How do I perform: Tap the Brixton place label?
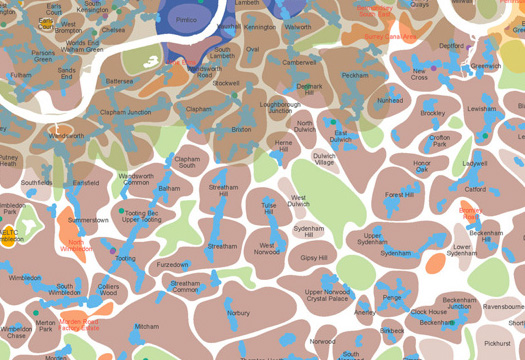(242, 130)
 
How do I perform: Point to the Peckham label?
(355, 76)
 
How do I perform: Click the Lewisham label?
(481, 108)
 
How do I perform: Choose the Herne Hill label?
(284, 146)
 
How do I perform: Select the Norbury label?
(238, 313)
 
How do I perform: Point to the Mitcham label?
(147, 326)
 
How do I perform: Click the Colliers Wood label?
(108, 291)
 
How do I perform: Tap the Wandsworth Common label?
(136, 180)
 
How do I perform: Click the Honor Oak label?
(421, 166)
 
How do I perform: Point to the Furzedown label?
(172, 265)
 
